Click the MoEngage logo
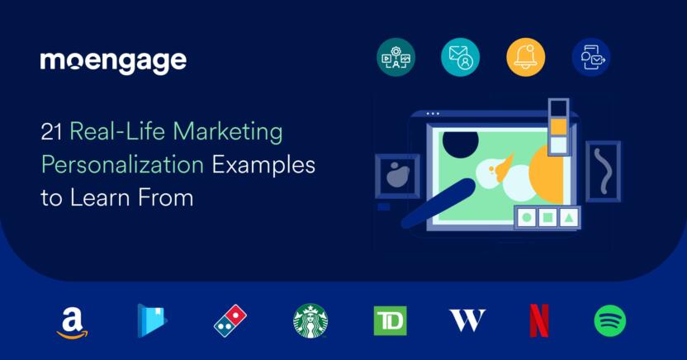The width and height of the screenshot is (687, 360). click(x=113, y=62)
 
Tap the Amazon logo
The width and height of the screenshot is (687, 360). click(x=73, y=323)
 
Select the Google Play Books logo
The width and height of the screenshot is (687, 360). click(x=152, y=320)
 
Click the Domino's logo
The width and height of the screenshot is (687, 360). click(x=230, y=321)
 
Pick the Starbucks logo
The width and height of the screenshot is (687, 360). click(x=310, y=321)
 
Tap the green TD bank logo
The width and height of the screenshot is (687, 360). click(x=390, y=321)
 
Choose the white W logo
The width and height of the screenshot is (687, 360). click(x=467, y=320)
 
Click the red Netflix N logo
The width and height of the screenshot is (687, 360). click(x=539, y=321)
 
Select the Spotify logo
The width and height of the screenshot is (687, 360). click(x=610, y=321)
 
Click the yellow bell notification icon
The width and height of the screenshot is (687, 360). click(x=526, y=57)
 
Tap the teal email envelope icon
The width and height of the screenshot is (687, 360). click(x=460, y=57)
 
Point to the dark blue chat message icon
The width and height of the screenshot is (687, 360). click(x=591, y=57)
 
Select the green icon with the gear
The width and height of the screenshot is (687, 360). click(x=396, y=57)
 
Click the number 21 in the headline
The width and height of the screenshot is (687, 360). click(x=51, y=132)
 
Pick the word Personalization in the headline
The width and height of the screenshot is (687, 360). click(x=123, y=165)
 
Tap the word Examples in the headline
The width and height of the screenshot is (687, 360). click(x=263, y=165)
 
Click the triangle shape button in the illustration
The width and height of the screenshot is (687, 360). click(x=568, y=217)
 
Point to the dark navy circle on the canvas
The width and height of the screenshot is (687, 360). click(x=460, y=142)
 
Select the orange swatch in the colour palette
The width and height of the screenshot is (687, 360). click(x=558, y=126)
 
